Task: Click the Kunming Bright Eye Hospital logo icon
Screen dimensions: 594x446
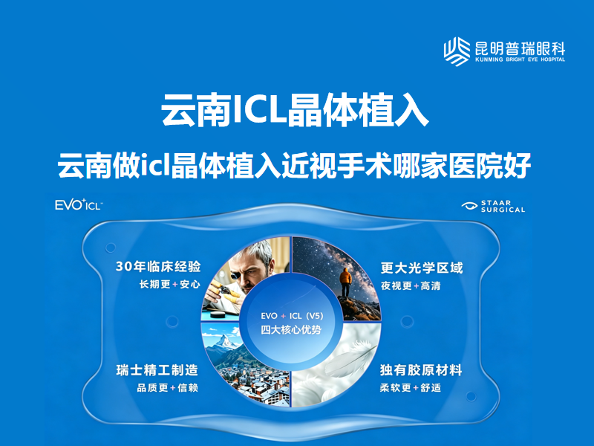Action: coord(457,51)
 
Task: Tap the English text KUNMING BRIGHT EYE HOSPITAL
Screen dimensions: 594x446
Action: coord(520,59)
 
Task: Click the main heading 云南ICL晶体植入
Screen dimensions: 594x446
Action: coord(295,110)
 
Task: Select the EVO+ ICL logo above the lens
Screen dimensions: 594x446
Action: coord(79,204)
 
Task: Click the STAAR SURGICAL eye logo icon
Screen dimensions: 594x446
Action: coord(470,206)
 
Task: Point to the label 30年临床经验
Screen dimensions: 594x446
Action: coord(158,267)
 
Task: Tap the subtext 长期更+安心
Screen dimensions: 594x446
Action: coord(170,284)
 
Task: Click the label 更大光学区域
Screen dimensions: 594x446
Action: coord(422,268)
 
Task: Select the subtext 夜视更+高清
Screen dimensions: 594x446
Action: coord(411,285)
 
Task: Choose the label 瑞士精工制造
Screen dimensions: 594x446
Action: coord(157,370)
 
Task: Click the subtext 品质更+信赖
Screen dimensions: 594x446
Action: coord(168,387)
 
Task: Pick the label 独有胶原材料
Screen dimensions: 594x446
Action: coord(421,370)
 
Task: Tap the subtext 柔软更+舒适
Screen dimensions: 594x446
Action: coord(411,387)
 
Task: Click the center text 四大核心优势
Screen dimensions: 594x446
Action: coord(291,329)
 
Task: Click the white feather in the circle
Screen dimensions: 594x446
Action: coord(350,357)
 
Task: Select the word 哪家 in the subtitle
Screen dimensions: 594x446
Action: coord(420,165)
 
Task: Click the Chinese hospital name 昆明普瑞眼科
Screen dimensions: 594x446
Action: coord(520,48)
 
